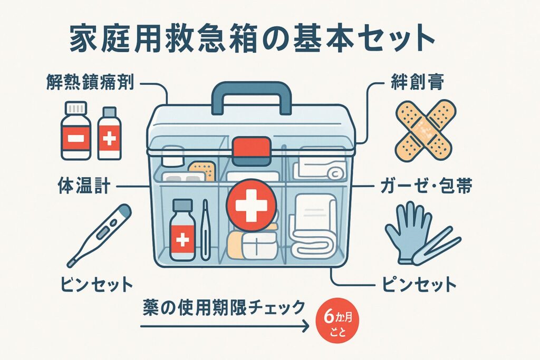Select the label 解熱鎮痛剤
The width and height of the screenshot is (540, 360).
point(89,82)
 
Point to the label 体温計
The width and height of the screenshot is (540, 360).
point(84,186)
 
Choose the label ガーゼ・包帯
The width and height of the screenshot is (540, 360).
point(418,186)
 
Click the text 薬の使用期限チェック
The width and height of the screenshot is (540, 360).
point(224,307)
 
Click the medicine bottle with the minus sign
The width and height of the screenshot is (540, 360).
point(76,131)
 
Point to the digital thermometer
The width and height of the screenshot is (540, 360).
point(99,235)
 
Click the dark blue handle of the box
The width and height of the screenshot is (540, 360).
point(252,94)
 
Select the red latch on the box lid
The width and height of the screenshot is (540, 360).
point(251,147)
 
